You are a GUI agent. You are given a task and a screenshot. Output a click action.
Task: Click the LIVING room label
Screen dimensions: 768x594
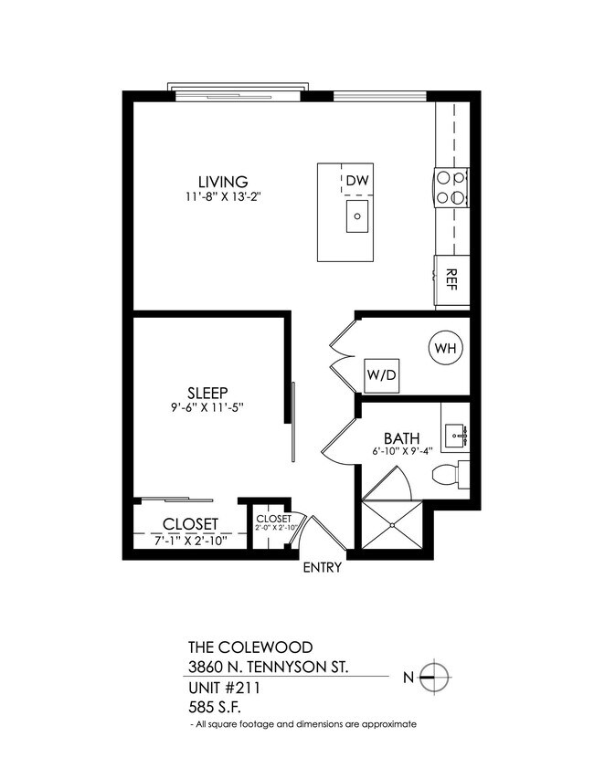(223, 181)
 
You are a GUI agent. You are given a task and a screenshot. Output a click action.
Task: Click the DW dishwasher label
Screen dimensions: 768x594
(357, 180)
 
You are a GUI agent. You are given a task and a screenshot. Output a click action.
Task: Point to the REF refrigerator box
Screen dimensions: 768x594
(451, 279)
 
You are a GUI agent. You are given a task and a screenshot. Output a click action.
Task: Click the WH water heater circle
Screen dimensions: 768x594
(445, 348)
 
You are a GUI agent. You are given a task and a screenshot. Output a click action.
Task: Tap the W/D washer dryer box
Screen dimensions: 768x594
(381, 373)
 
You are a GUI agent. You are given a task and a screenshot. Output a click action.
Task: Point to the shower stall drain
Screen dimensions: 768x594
(393, 526)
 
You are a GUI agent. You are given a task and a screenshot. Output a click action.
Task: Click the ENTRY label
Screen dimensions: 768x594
(323, 568)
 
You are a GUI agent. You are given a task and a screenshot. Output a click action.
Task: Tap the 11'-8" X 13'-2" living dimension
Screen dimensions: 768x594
(222, 196)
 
